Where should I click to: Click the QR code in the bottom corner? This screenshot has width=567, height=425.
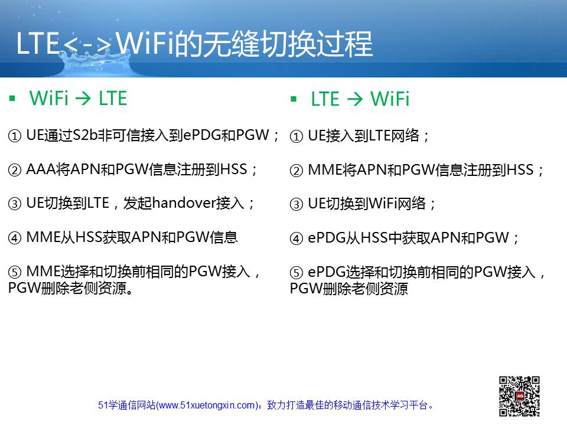(519, 397)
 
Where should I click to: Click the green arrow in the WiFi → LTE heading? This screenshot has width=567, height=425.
(83, 98)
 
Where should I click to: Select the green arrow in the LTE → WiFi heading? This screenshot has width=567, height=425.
(355, 99)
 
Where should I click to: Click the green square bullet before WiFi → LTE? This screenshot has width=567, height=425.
(12, 98)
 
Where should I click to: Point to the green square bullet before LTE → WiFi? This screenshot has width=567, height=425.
(294, 99)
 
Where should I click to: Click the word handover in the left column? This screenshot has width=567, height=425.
(184, 202)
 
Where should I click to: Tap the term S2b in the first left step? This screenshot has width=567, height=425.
(85, 135)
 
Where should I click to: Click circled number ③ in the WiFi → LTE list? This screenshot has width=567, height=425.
(14, 204)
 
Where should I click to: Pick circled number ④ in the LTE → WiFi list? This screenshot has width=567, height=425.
(296, 238)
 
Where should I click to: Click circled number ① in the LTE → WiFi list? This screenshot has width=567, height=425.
(296, 136)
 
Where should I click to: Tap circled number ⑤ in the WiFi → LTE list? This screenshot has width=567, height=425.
(14, 272)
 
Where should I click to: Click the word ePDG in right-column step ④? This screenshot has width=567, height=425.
(327, 238)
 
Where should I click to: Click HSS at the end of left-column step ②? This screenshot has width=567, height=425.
(234, 169)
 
